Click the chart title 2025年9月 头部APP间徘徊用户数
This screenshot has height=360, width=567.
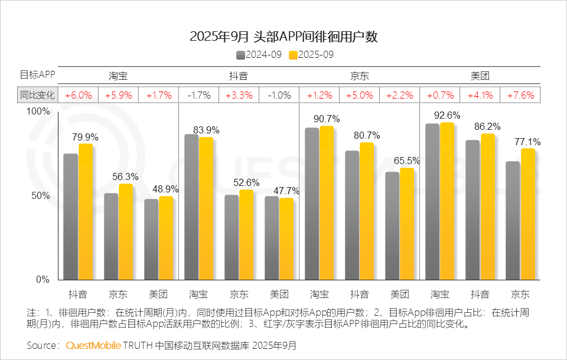click(x=283, y=37)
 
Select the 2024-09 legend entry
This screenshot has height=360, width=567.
click(x=259, y=55)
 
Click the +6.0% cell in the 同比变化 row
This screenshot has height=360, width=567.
click(x=78, y=95)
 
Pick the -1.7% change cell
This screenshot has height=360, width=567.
click(x=198, y=95)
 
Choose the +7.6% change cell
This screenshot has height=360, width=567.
click(x=520, y=95)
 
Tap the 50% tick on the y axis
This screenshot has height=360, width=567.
click(x=40, y=195)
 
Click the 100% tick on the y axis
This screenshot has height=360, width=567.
click(x=39, y=112)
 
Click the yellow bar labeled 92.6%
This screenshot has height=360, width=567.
click(x=447, y=201)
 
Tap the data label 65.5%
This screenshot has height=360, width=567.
click(x=406, y=161)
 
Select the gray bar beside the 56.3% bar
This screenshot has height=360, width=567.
click(x=111, y=236)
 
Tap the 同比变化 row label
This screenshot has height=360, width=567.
click(x=37, y=95)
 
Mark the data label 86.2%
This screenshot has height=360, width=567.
click(x=488, y=126)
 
